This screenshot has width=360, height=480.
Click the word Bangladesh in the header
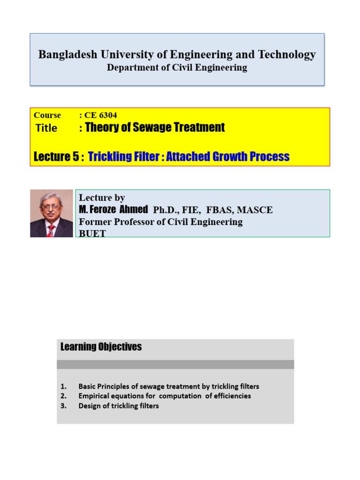67,54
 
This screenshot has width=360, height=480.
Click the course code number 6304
108,115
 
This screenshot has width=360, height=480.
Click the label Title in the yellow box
46,128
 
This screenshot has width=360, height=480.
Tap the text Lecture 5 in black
56,157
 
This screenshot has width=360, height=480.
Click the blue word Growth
230,157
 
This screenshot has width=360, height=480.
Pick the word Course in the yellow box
47,115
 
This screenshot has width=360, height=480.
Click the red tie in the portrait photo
51,231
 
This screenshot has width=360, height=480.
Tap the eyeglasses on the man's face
50,207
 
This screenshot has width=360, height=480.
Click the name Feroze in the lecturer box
103,210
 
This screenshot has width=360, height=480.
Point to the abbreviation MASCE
255,210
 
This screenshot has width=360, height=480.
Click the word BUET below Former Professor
92,233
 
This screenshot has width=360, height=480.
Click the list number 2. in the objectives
63,396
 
